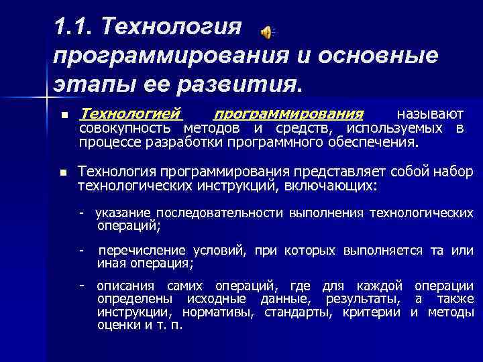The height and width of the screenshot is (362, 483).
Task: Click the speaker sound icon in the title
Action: [x=268, y=31]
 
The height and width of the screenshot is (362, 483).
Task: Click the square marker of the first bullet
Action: [x=64, y=115]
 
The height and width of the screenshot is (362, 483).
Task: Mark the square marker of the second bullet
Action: [x=64, y=172]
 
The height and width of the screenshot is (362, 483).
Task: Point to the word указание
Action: [x=123, y=213]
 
